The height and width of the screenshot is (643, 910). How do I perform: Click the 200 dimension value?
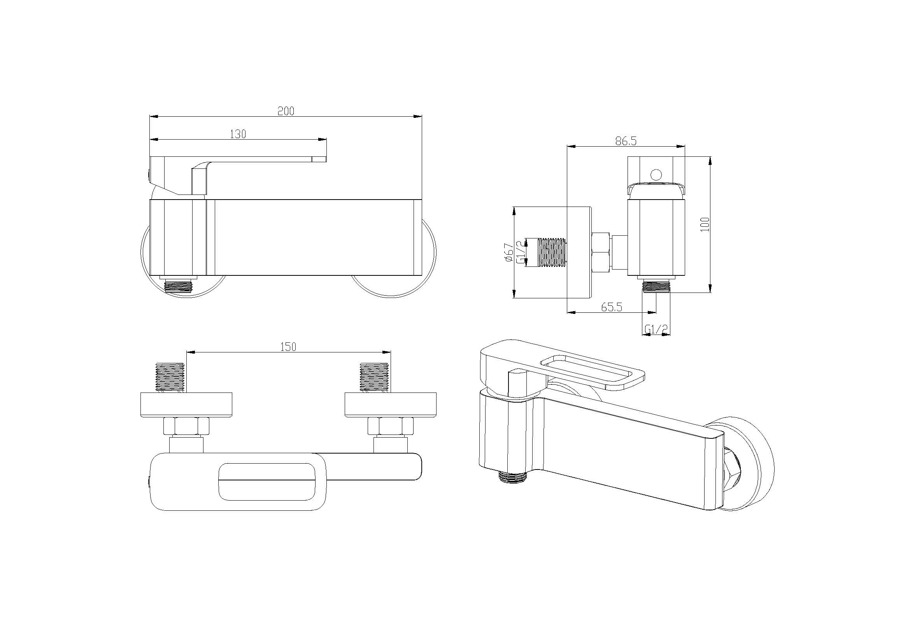286,111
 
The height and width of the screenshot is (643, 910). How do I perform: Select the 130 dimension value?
238,134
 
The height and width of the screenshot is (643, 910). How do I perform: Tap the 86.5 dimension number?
626,141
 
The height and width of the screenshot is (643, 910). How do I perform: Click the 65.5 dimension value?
612,307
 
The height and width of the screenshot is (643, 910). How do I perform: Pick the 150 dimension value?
288,347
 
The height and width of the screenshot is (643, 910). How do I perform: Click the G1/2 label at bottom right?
656,329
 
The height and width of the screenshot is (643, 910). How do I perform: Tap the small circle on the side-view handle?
656,174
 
